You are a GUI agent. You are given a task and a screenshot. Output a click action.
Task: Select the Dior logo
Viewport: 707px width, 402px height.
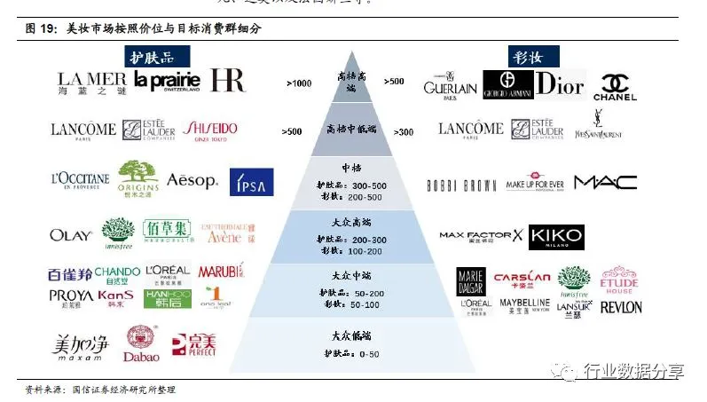click(560, 84)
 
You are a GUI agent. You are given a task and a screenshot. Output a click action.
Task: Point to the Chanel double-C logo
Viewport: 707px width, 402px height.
click(615, 86)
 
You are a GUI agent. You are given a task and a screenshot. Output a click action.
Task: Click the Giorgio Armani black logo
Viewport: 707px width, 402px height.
click(507, 85)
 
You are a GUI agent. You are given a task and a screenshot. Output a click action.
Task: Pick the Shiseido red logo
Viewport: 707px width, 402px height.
click(210, 130)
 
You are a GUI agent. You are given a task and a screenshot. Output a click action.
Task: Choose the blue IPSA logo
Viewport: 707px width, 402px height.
click(251, 182)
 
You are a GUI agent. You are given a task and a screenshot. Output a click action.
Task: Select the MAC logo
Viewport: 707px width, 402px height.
click(605, 183)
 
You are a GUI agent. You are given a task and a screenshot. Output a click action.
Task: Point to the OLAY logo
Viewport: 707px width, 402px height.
click(71, 235)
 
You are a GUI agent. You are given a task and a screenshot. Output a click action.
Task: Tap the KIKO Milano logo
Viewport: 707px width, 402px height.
click(556, 238)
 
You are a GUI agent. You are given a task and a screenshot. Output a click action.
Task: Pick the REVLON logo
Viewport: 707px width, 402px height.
click(621, 308)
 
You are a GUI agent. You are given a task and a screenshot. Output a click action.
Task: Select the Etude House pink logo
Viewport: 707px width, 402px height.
click(619, 280)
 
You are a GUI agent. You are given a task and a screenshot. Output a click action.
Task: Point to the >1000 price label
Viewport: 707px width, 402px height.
click(299, 83)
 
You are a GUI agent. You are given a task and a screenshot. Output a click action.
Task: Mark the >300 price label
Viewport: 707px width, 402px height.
click(404, 132)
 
